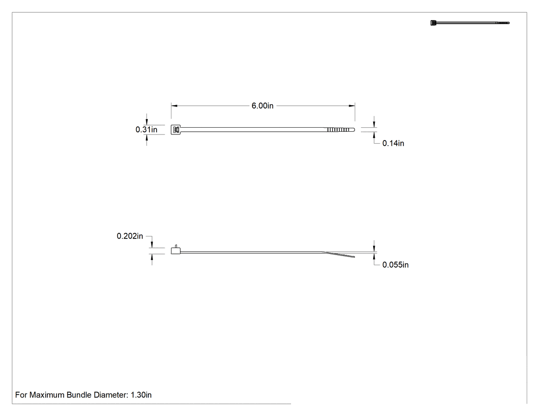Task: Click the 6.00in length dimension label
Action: click(262, 106)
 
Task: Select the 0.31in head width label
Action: click(146, 129)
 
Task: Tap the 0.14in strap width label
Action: click(393, 143)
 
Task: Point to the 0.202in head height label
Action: click(130, 236)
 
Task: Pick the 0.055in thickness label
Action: click(395, 265)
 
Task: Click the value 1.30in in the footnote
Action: click(141, 395)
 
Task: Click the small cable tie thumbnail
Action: click(470, 23)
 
